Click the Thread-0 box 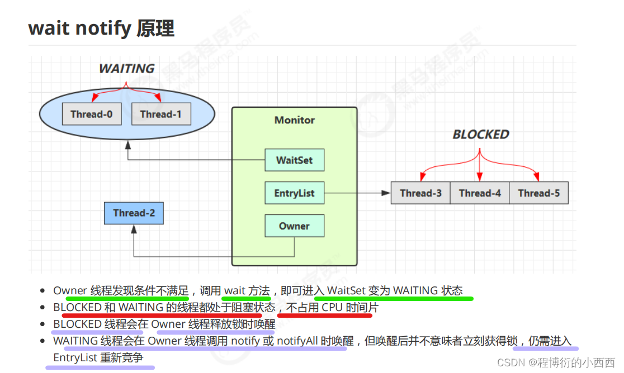pos(92,114)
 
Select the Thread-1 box pos(160,114)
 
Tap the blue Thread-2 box pos(134,213)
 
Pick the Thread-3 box pos(420,193)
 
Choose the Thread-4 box pos(480,193)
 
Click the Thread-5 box pos(538,193)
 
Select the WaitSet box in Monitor pos(295,160)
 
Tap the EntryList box pos(295,193)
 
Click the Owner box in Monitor pos(295,226)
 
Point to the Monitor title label pos(295,120)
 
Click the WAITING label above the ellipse pos(126,69)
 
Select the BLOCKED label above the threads pos(481,135)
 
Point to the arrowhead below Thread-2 pos(134,229)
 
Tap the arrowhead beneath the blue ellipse pos(128,145)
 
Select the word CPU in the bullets pos(333,307)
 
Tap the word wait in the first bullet pos(235,290)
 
